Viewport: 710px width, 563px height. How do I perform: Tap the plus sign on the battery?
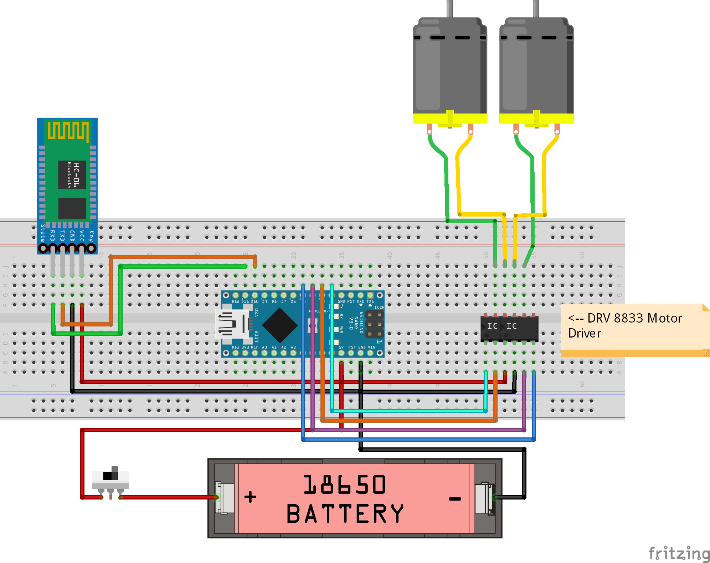click(x=250, y=497)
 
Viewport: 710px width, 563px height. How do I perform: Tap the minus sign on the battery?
click(x=455, y=499)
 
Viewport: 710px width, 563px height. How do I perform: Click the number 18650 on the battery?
click(x=344, y=485)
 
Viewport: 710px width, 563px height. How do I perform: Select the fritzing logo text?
click(x=679, y=553)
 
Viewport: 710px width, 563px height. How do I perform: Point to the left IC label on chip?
click(x=492, y=326)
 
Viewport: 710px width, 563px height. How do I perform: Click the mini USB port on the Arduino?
click(x=231, y=324)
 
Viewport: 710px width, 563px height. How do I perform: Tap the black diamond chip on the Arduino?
click(x=280, y=325)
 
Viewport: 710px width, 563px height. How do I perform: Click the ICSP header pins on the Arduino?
click(x=374, y=324)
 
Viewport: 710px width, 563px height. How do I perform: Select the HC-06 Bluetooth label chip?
click(x=72, y=175)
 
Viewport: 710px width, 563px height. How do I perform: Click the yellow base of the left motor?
click(x=450, y=118)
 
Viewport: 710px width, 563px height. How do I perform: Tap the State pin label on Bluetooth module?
click(x=43, y=233)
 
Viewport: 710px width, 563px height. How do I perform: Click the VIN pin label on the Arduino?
click(x=371, y=347)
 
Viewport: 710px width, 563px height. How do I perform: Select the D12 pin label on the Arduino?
click(x=236, y=301)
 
